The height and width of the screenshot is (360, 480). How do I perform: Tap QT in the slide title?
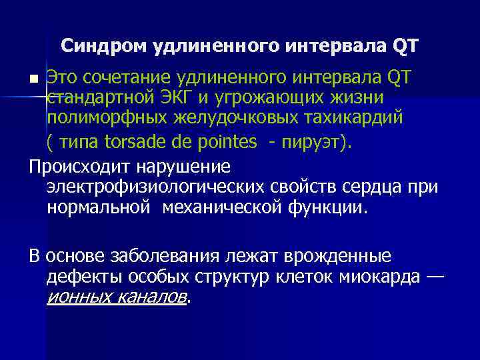pyautogui.click(x=405, y=46)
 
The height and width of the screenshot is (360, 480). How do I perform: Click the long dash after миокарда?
pyautogui.click(x=435, y=277)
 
